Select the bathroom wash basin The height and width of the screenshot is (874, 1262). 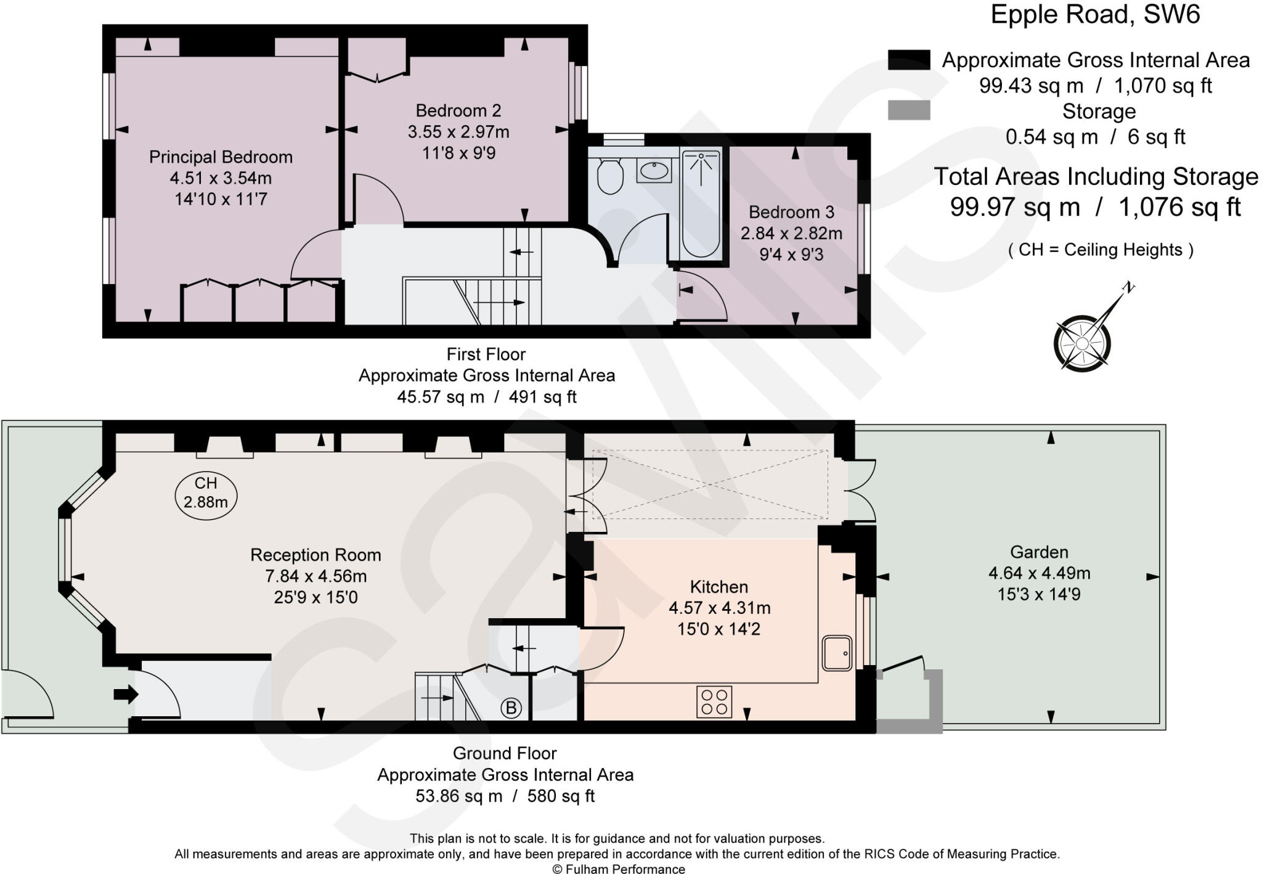click(654, 171)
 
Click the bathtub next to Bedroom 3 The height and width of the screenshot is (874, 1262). click(701, 204)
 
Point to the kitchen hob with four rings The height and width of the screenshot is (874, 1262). click(714, 701)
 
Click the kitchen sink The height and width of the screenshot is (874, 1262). click(837, 653)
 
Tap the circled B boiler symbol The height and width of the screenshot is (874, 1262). click(511, 708)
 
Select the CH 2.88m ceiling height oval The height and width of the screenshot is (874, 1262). click(206, 493)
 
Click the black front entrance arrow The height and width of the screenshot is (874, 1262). click(126, 695)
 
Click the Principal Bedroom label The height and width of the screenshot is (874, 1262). click(221, 157)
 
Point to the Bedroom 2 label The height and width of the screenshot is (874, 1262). click(458, 110)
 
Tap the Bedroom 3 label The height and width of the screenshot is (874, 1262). click(791, 212)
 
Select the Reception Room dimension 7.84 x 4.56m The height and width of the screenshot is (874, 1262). click(315, 576)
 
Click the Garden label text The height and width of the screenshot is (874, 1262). click(1039, 552)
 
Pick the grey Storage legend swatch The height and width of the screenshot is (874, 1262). click(909, 110)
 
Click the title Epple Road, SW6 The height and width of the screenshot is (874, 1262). click(1095, 15)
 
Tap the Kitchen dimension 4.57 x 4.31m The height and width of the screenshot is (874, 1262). click(719, 608)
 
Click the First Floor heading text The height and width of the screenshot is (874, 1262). click(486, 354)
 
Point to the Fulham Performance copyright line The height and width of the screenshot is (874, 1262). click(618, 869)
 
